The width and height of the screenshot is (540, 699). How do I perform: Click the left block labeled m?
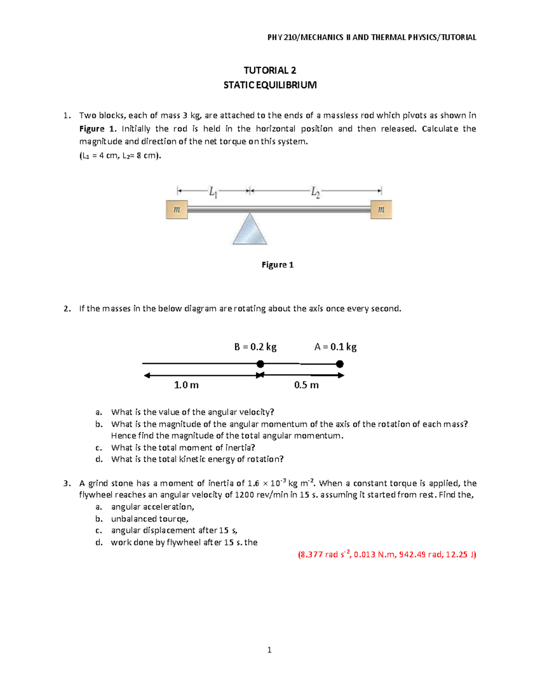[x=177, y=210]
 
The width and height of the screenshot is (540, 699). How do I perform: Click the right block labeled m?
[x=381, y=210]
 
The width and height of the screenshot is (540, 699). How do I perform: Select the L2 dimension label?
[x=315, y=193]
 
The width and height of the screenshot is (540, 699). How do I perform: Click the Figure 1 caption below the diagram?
[x=277, y=265]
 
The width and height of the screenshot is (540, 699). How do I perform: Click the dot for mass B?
[x=260, y=364]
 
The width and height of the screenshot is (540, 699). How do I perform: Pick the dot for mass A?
[x=340, y=364]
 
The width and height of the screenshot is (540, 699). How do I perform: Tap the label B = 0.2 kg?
[x=255, y=347]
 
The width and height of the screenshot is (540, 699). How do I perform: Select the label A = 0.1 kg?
[x=335, y=347]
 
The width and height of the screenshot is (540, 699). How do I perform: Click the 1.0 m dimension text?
[x=186, y=385]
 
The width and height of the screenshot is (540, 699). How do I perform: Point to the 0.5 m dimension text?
[x=306, y=385]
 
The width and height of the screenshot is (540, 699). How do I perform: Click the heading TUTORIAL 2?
[x=270, y=70]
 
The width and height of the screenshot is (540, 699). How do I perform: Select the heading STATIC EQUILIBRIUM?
[x=270, y=85]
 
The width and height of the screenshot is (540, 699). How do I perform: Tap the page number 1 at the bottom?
[x=269, y=650]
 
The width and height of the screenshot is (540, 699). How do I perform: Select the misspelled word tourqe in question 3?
[x=173, y=519]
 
